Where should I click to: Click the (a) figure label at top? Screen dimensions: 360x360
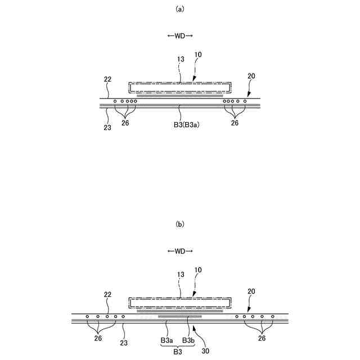point(180,9)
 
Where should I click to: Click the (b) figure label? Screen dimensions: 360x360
point(180,224)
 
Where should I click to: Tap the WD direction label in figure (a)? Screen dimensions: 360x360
point(180,36)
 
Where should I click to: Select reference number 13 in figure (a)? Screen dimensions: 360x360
point(180,58)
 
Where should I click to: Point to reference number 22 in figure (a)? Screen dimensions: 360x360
point(107,80)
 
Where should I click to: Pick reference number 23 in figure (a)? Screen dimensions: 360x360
point(107,128)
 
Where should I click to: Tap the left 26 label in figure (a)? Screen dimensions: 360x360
point(125,123)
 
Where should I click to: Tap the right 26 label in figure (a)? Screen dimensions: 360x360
point(235,123)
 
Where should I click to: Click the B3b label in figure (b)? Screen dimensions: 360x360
point(188,341)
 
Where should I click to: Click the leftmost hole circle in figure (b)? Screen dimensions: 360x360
point(88,317)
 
